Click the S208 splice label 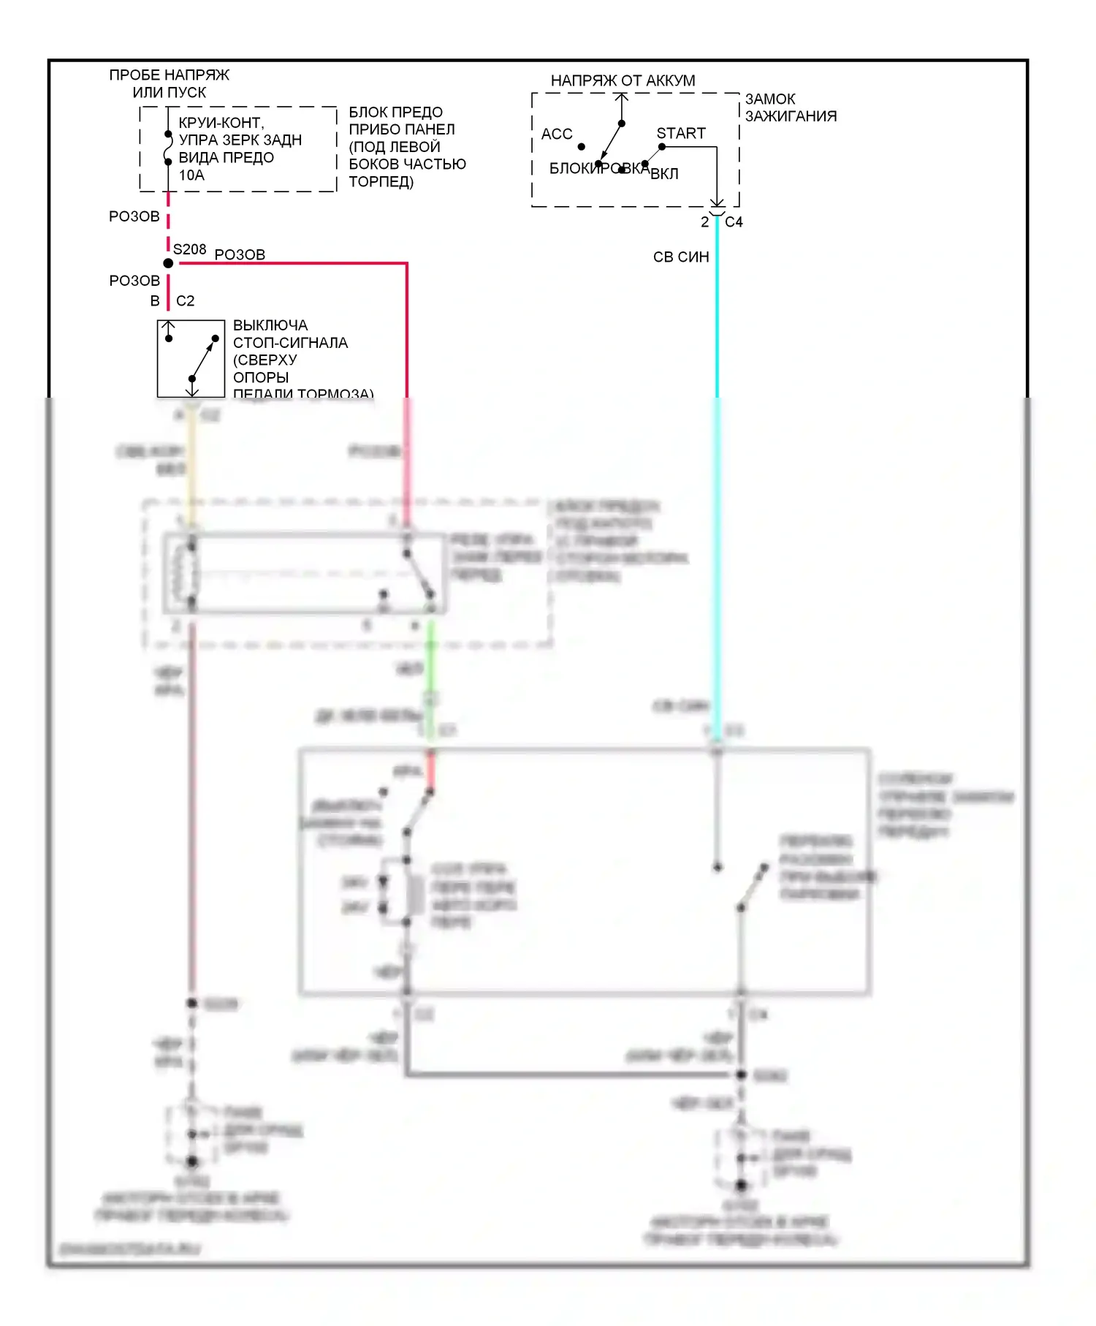point(189,249)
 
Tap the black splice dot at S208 point(168,263)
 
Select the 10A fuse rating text point(191,175)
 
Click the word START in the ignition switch point(680,133)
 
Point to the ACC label point(556,134)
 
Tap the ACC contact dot point(582,147)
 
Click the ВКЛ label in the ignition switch point(664,174)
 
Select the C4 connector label point(734,222)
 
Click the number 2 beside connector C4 point(704,222)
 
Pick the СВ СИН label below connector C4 point(680,257)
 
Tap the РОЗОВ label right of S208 point(240,254)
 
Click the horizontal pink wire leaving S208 point(292,263)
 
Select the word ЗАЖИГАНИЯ point(791,116)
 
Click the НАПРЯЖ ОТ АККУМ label point(623,80)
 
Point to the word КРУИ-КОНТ point(221,123)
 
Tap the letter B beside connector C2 point(155,301)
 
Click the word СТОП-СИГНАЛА point(290,343)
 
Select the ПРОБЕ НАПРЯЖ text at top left point(169,75)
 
